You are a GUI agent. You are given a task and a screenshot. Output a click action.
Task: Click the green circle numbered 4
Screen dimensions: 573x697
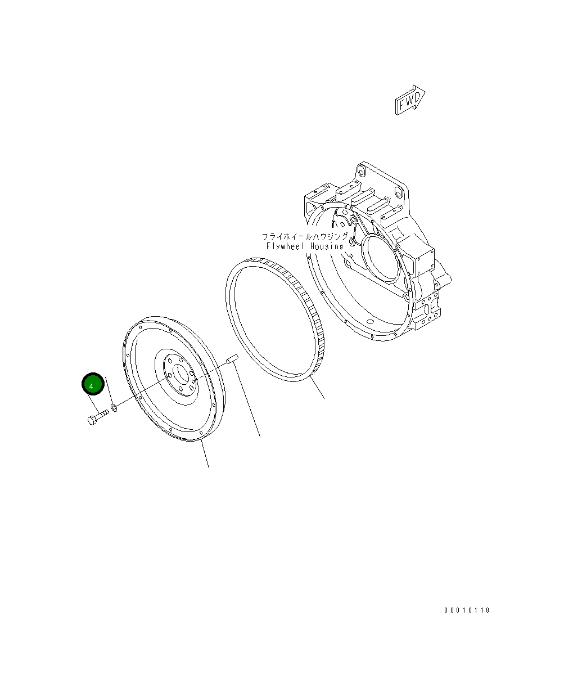pos(93,384)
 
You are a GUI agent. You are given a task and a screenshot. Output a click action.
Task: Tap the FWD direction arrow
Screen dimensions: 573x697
pos(410,100)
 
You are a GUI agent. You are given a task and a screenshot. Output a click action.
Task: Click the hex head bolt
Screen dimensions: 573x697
pos(98,417)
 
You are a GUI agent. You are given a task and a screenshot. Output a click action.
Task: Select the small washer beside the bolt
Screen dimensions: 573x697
pos(114,407)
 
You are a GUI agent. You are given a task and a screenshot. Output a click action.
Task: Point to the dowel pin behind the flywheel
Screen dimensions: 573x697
pos(232,358)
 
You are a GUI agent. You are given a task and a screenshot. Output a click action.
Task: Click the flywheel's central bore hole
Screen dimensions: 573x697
pos(181,374)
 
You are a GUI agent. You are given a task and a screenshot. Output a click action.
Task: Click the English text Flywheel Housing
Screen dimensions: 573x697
pos(305,246)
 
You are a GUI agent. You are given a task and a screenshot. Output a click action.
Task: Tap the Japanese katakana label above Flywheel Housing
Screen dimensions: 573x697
pos(305,237)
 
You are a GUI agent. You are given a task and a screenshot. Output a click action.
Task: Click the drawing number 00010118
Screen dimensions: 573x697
pos(467,610)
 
